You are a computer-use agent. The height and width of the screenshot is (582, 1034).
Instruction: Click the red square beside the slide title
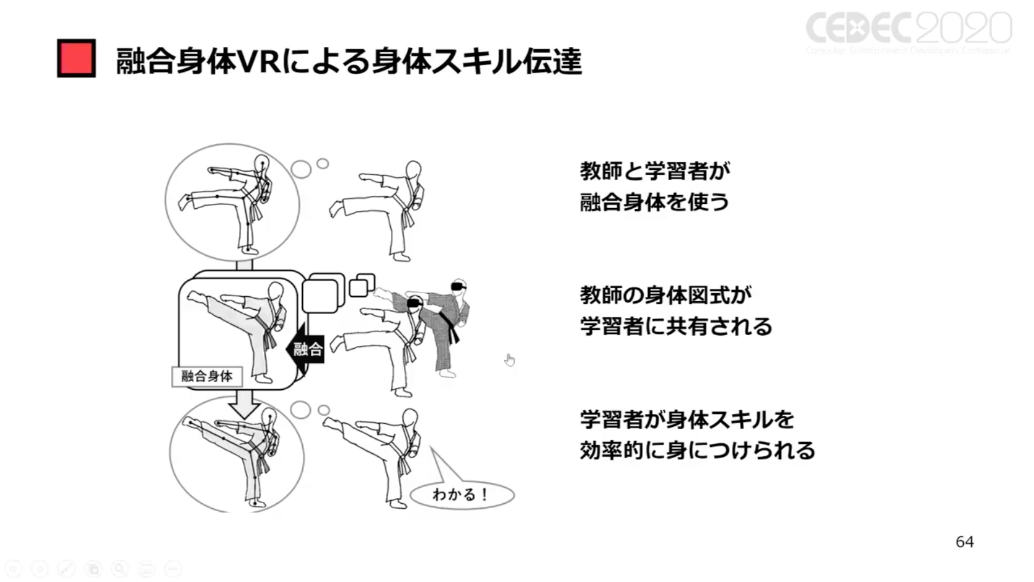click(x=76, y=59)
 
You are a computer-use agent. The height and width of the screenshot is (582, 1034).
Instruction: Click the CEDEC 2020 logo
click(x=908, y=31)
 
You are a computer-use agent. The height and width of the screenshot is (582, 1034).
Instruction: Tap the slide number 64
click(x=964, y=542)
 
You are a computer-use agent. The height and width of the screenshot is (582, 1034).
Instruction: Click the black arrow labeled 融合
click(x=305, y=350)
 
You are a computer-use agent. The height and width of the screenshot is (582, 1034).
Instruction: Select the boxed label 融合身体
click(x=207, y=376)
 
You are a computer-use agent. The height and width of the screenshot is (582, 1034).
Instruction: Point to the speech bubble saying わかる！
click(x=462, y=495)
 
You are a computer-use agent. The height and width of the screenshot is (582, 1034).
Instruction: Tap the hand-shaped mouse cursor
click(x=510, y=360)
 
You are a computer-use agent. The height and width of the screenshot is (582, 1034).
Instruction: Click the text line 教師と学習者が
click(x=655, y=171)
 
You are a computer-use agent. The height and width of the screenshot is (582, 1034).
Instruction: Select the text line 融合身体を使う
click(x=654, y=202)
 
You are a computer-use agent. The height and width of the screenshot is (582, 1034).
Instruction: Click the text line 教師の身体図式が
click(x=665, y=295)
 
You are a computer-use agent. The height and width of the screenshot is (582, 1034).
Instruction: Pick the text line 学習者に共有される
click(x=676, y=326)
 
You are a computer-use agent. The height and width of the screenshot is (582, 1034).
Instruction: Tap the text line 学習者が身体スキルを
click(x=687, y=419)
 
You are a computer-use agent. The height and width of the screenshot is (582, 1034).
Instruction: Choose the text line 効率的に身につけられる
click(x=697, y=451)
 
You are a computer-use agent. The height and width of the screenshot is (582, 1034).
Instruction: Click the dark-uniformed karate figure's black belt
click(x=454, y=333)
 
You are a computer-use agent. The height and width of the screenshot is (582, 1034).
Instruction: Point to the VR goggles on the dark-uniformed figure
click(x=459, y=286)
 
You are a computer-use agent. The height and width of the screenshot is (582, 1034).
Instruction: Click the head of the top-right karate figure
click(x=414, y=171)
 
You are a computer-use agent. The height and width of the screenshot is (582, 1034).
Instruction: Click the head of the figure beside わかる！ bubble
click(x=410, y=419)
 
